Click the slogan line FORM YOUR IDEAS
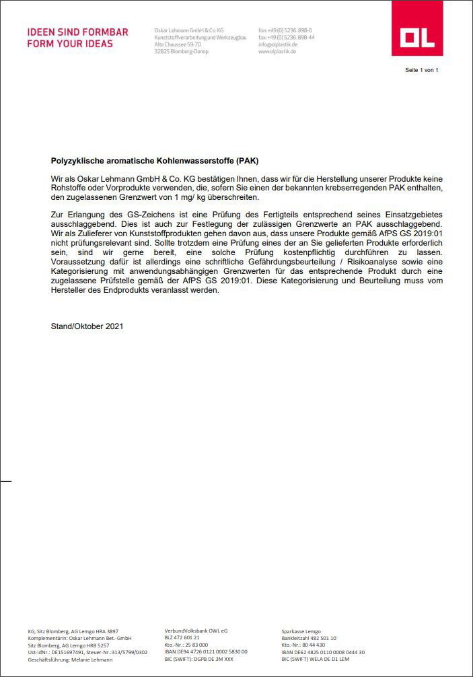point(70,44)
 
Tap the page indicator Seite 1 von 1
point(422,70)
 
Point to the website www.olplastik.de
point(277,51)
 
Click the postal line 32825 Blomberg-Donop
point(182,51)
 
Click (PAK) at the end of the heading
point(246,162)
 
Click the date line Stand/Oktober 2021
point(87,326)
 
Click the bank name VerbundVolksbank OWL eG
point(196,631)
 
